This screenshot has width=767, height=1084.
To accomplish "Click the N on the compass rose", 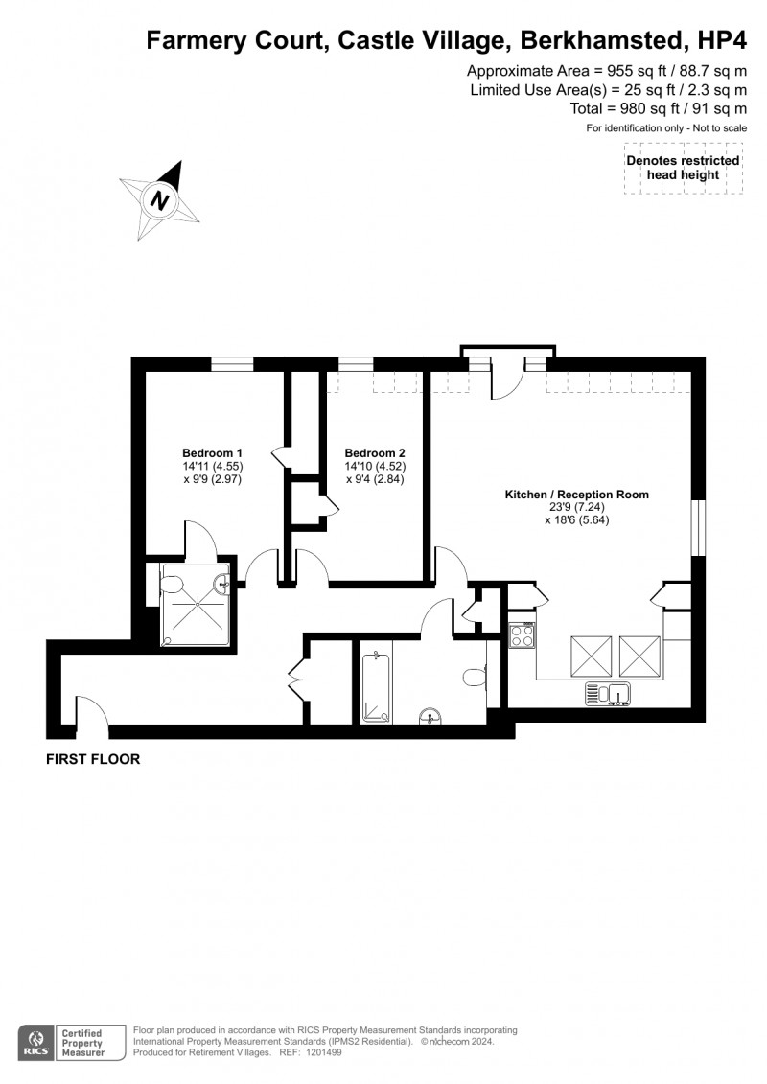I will [159, 201].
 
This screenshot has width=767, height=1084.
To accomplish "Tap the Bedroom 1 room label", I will [212, 453].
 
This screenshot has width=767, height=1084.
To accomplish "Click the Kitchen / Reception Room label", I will [576, 495].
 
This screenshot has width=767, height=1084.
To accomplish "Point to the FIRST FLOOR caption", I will [93, 759].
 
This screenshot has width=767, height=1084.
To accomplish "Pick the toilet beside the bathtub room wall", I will [474, 678].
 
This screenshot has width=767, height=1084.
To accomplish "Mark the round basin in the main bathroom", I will [430, 713].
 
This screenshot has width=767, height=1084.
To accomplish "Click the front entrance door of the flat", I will [92, 714].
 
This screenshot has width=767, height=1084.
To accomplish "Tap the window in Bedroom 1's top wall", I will [233, 363].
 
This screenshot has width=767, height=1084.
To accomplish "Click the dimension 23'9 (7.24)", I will [576, 508].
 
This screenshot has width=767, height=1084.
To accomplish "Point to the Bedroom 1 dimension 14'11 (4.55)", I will [212, 467].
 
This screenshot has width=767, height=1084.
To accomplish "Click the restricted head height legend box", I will [683, 169].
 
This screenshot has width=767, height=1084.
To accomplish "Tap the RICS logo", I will [35, 1042].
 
